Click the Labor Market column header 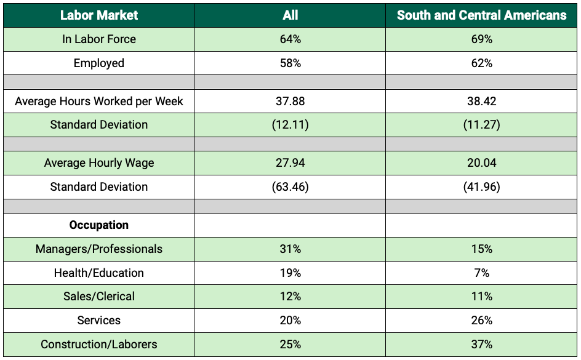99,15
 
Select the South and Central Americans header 482,15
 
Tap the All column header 290,15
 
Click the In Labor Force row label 99,39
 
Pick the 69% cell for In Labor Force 482,39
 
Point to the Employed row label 99,63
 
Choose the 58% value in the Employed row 290,63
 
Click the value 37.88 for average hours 290,101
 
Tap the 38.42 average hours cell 482,101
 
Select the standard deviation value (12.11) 290,124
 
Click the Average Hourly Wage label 99,163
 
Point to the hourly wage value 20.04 482,162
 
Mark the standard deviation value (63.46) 290,186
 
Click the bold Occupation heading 99,225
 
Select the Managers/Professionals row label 99,249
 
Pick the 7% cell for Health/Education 482,273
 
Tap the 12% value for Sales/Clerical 290,296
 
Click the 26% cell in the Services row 482,320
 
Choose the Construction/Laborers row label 99,344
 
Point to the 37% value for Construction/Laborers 482,344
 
